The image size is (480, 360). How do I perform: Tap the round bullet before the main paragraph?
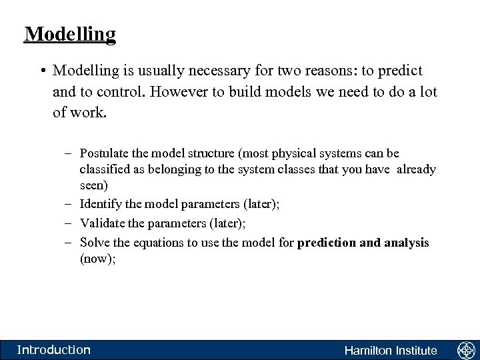pyautogui.click(x=41, y=70)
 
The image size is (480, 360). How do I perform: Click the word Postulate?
pyautogui.click(x=105, y=154)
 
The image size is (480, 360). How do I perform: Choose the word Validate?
pyautogui.click(x=102, y=223)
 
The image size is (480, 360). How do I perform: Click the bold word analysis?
pyautogui.click(x=406, y=243)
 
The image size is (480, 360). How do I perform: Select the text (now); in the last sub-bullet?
pyautogui.click(x=97, y=259)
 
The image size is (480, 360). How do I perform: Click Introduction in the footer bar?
pyautogui.click(x=53, y=349)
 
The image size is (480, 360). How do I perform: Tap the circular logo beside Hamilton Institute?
pyautogui.click(x=465, y=350)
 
